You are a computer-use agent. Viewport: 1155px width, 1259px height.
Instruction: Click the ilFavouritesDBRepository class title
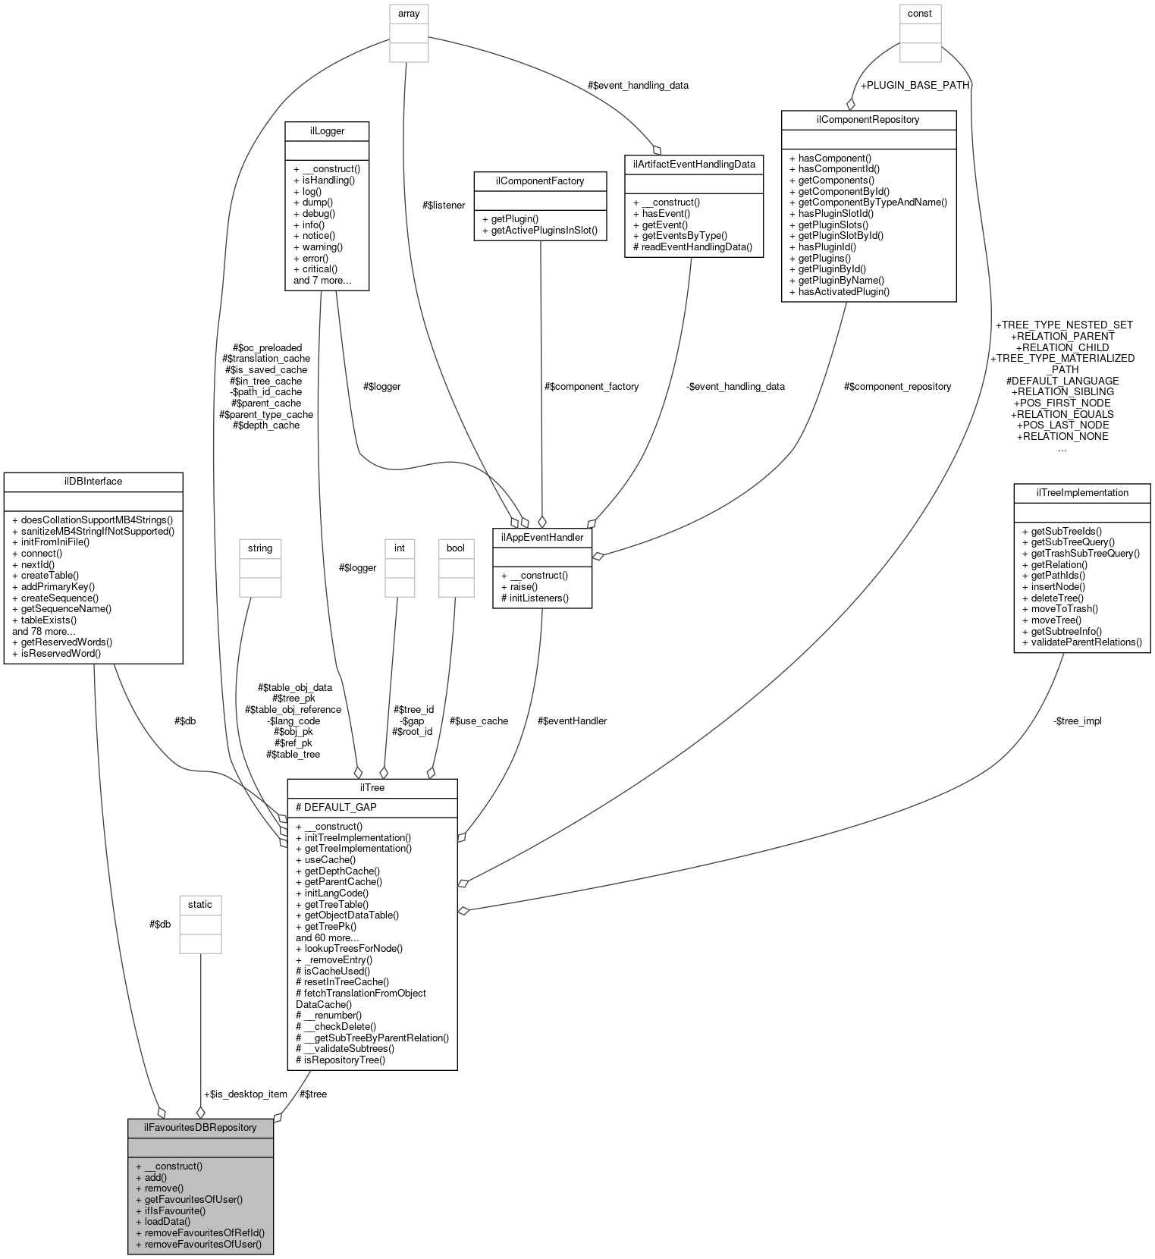click(200, 1127)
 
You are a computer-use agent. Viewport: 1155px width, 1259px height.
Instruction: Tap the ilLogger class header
click(327, 130)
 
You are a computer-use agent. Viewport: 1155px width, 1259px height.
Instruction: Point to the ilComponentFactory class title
click(539, 181)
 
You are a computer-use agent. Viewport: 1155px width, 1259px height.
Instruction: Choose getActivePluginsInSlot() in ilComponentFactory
click(539, 231)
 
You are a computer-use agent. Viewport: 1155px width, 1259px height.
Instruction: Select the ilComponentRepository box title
click(868, 119)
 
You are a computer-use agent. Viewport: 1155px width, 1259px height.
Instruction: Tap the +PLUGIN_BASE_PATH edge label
click(914, 85)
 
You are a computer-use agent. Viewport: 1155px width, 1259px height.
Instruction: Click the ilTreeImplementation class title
click(1081, 492)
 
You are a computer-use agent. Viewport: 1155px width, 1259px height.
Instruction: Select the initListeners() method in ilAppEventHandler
click(535, 598)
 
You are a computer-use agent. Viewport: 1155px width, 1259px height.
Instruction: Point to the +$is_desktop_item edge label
click(245, 1094)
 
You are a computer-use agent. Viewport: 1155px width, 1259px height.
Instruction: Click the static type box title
click(200, 904)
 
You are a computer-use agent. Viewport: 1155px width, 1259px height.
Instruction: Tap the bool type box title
click(455, 548)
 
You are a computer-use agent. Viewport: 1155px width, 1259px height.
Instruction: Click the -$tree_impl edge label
click(1077, 721)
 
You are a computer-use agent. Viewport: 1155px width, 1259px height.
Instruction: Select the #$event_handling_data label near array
click(638, 85)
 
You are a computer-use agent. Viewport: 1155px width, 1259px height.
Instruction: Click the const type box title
click(920, 13)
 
